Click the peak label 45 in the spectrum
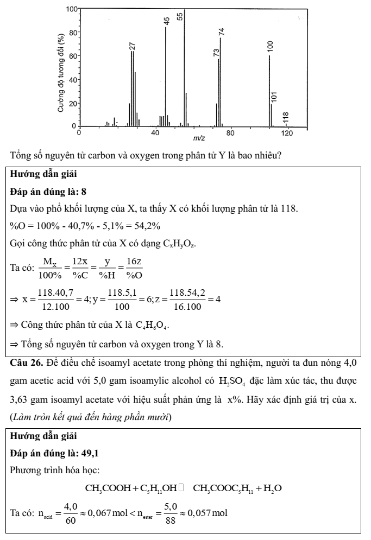[167, 21]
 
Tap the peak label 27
[132, 46]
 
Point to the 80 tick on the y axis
[72, 33]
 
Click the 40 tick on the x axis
[155, 132]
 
